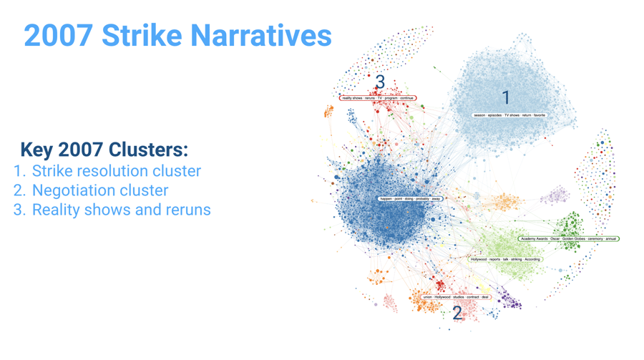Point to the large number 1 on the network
[506, 96]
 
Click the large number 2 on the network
[457, 313]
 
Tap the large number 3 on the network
[380, 82]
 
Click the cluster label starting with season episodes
[509, 115]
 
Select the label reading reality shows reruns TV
[378, 98]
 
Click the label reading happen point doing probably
[411, 198]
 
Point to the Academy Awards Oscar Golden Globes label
[569, 239]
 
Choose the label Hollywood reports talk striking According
[505, 259]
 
